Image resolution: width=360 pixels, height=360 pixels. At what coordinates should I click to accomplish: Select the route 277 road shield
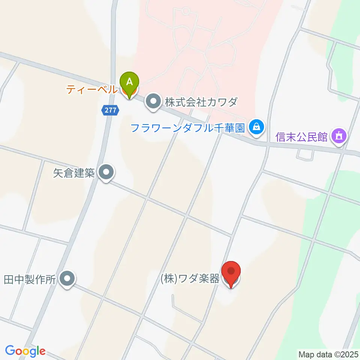point(110,110)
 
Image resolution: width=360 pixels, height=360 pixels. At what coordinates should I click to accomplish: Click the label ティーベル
point(91,90)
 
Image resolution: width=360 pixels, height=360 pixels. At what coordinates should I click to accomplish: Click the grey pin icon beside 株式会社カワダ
point(153,102)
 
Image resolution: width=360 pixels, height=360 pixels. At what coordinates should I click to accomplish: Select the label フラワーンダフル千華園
point(187,128)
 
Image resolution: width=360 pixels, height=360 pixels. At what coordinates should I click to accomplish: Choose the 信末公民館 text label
point(301,136)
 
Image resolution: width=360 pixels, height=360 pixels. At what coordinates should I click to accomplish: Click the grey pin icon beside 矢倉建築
point(106,173)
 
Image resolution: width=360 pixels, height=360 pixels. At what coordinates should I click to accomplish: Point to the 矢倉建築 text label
point(74,173)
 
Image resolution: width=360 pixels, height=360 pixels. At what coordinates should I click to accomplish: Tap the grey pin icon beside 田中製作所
point(67,279)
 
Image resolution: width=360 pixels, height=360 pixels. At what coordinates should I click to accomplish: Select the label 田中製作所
point(30,279)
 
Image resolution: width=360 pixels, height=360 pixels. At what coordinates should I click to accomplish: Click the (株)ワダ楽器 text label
point(190,280)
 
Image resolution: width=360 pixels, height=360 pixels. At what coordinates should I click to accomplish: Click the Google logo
point(25,351)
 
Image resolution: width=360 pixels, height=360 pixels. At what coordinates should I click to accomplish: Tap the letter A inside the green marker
point(129,81)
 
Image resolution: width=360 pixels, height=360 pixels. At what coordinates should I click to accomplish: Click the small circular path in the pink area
point(185,11)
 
